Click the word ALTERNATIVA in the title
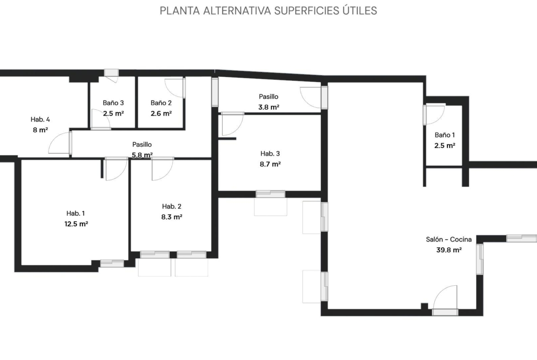coord(237,11)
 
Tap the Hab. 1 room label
coord(75,213)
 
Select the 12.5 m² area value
coord(76,224)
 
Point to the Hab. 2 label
coord(172,206)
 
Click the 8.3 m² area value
coord(172,217)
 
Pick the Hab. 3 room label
coord(270,153)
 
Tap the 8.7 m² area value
coord(270,164)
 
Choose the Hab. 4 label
coord(40,119)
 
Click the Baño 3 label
coord(113,103)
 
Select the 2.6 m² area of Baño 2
coord(161,113)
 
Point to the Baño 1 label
coord(445,135)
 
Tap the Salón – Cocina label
coord(448,239)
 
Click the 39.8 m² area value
coord(448,250)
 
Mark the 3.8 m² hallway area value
coord(268,107)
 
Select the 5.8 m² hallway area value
coord(142,155)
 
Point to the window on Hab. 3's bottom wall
coord(270,194)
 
